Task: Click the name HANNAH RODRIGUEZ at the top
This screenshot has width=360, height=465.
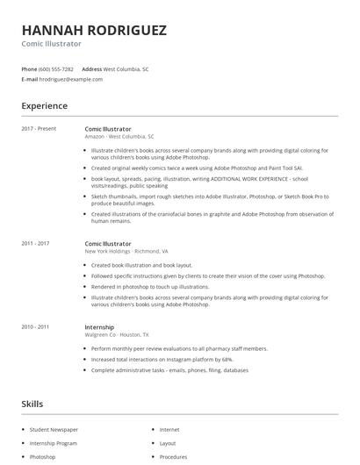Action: tap(94, 30)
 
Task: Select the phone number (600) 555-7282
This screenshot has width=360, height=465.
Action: tap(56, 68)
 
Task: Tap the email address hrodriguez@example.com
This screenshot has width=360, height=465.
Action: tap(71, 79)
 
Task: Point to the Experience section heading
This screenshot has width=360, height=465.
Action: tap(44, 106)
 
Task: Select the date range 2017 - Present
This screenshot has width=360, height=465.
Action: tap(39, 129)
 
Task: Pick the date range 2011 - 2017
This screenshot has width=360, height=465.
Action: tap(35, 243)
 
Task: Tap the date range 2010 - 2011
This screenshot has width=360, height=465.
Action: tap(35, 326)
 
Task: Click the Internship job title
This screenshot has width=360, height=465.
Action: tap(100, 326)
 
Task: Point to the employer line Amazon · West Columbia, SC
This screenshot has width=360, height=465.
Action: tap(119, 137)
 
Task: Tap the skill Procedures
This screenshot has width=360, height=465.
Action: tap(173, 457)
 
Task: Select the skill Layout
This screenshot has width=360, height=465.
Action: tap(168, 443)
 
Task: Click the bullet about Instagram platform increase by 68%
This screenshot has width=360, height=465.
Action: tap(162, 360)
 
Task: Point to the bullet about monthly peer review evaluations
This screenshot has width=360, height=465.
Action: tap(167, 348)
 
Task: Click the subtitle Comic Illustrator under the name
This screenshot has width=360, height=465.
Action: tap(52, 43)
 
